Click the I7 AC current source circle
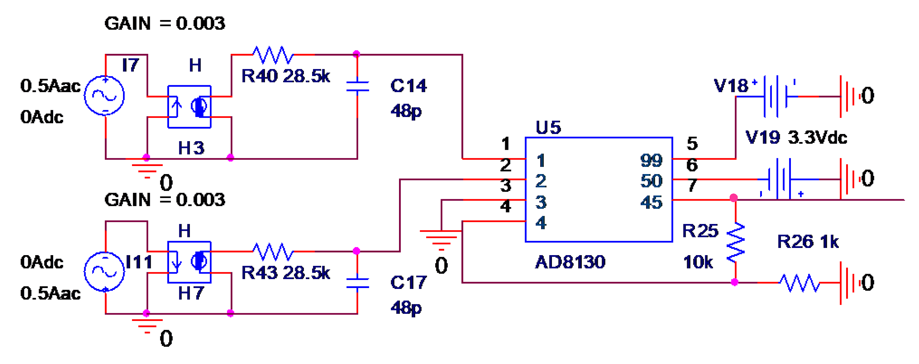[x=104, y=95]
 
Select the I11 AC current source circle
[x=104, y=272]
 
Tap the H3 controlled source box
[x=189, y=106]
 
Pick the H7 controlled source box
[x=189, y=262]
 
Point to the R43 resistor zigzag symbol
[x=273, y=252]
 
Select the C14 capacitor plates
[x=358, y=86]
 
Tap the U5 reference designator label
[x=548, y=127]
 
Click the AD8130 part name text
[x=570, y=262]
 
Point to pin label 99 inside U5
[x=651, y=160]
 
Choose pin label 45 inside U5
[x=651, y=202]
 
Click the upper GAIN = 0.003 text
[x=165, y=24]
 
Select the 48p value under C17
[x=406, y=307]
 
